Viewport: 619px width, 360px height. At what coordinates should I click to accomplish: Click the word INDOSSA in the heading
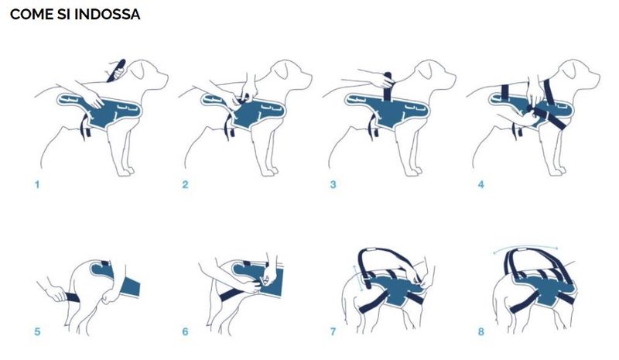[x=107, y=14]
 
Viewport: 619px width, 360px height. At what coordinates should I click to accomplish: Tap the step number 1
[x=37, y=184]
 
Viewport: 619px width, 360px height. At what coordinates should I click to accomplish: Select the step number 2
[x=185, y=184]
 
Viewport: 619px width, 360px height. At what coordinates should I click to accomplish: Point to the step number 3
[x=333, y=184]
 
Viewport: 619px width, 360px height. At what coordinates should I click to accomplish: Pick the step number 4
[x=480, y=184]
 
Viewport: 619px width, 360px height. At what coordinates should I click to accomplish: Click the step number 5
[x=37, y=331]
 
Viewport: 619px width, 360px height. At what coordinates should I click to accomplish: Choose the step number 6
[x=185, y=331]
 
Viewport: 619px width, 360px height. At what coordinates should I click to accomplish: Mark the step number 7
[x=333, y=331]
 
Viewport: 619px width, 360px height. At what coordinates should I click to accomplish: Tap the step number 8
[x=480, y=331]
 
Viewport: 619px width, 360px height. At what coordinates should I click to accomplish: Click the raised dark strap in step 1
[x=115, y=70]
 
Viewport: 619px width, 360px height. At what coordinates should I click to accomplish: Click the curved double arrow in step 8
[x=525, y=247]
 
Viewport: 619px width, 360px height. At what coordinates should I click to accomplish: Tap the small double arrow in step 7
[x=357, y=279]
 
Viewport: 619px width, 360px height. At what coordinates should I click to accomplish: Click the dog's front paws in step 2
[x=269, y=172]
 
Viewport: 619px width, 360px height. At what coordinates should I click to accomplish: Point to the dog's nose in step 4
[x=597, y=75]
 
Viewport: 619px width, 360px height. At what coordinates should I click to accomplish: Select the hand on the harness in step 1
[x=94, y=99]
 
